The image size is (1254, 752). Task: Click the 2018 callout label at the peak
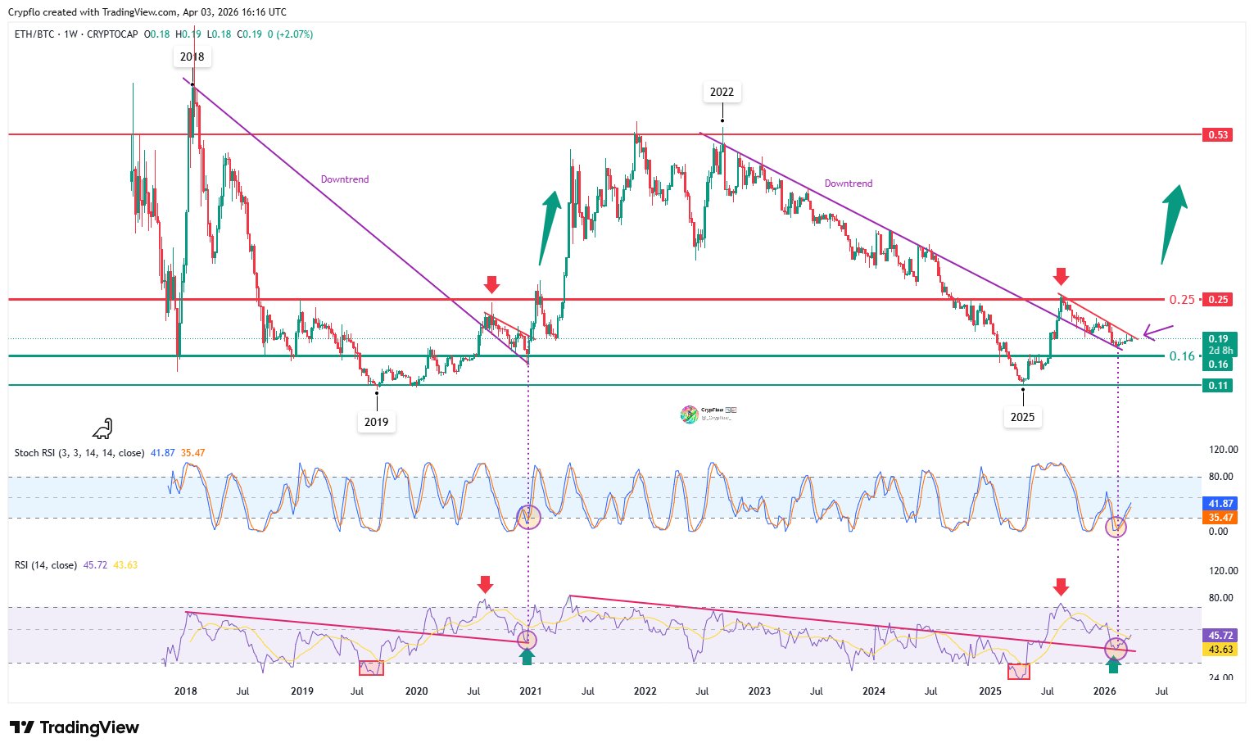click(x=192, y=57)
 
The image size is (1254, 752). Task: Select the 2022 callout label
click(x=722, y=92)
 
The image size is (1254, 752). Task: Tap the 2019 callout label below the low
click(x=376, y=422)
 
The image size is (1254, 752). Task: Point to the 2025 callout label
click(x=1022, y=417)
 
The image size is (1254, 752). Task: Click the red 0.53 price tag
click(x=1218, y=134)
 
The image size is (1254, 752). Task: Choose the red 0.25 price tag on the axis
click(x=1218, y=300)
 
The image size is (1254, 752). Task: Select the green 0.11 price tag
click(x=1218, y=386)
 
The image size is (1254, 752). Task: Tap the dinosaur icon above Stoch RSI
click(x=102, y=428)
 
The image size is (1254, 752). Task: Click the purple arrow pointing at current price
click(x=1159, y=332)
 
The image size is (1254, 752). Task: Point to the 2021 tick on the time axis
click(x=530, y=691)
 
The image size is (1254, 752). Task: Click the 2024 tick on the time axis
click(x=874, y=691)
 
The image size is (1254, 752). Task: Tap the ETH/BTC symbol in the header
click(x=34, y=34)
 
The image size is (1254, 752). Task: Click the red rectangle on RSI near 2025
click(x=1018, y=672)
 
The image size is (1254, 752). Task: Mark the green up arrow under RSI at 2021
click(x=527, y=656)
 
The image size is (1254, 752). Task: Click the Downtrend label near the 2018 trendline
click(x=344, y=179)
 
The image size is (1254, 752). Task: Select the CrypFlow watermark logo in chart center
click(x=690, y=415)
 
